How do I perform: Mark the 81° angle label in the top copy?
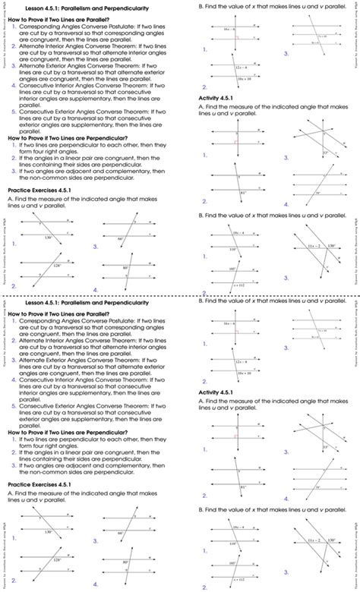pyautogui.click(x=243, y=193)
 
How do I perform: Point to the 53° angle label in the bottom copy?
pyautogui.click(x=325, y=446)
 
